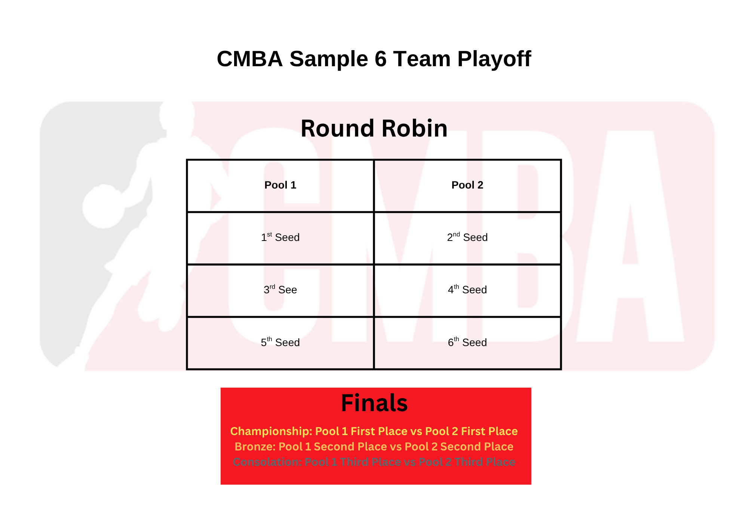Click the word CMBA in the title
[249, 59]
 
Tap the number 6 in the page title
[380, 59]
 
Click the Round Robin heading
[374, 128]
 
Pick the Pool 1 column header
[280, 185]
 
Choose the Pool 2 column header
[467, 185]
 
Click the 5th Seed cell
[280, 342]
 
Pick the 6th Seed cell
[467, 342]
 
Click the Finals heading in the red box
[374, 403]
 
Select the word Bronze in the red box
[255, 447]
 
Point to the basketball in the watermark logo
[104, 207]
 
